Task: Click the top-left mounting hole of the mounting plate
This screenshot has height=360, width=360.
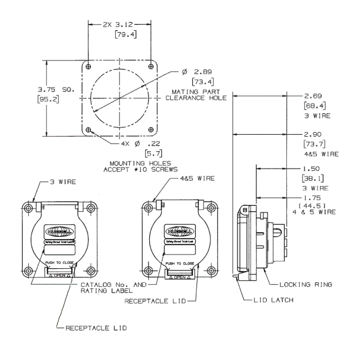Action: click(x=90, y=66)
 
